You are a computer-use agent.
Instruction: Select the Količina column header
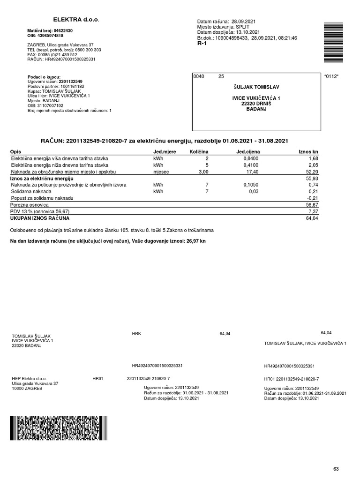click(198, 152)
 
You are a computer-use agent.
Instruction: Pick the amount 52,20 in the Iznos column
click(312, 172)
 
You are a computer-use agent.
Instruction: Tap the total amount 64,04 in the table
click(312, 218)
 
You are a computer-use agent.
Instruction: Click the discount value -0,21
click(312, 198)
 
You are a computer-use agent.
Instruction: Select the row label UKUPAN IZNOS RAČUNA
click(40, 218)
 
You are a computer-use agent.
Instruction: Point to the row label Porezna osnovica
click(30, 205)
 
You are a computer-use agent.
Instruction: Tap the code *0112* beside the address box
click(331, 76)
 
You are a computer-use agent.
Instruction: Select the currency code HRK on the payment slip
click(137, 334)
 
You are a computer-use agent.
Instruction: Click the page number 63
click(336, 455)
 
